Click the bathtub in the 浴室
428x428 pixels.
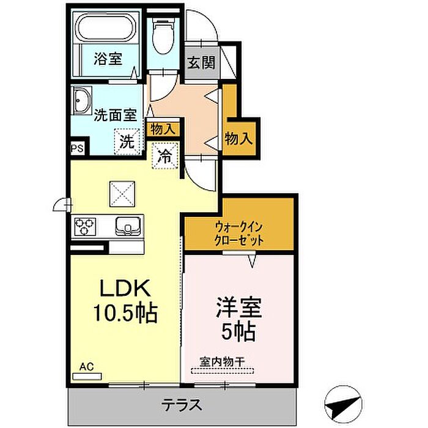point(106,28)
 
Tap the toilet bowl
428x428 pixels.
point(163,36)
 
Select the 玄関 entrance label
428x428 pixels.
point(202,63)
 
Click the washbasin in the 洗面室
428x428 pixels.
point(81,100)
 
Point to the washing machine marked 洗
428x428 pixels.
point(127,141)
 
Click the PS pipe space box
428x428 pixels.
point(77,149)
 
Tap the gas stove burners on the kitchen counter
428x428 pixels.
point(85,227)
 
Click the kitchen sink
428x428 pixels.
point(128,226)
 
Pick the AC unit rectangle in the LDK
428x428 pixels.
point(87,377)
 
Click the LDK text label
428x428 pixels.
point(125,288)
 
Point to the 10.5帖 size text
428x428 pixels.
point(126,312)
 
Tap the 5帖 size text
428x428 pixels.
point(239,331)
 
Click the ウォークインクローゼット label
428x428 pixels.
point(239,234)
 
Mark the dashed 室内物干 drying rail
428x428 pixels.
point(222,371)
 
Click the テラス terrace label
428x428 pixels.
point(182,405)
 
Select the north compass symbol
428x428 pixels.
point(344,405)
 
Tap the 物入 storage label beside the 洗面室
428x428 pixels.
point(163,129)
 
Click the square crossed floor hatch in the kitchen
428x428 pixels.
point(122,194)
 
